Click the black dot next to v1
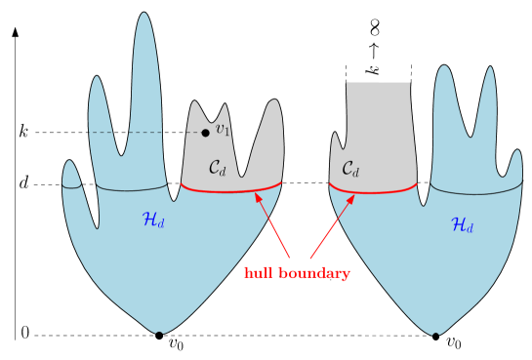205,132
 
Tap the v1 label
223,129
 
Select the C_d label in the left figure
217,168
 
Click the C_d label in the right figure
350,169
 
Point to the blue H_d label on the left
154,220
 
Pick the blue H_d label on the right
463,225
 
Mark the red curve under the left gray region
231,189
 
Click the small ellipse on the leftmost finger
71,183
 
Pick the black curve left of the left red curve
132,188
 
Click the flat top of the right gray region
378,83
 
